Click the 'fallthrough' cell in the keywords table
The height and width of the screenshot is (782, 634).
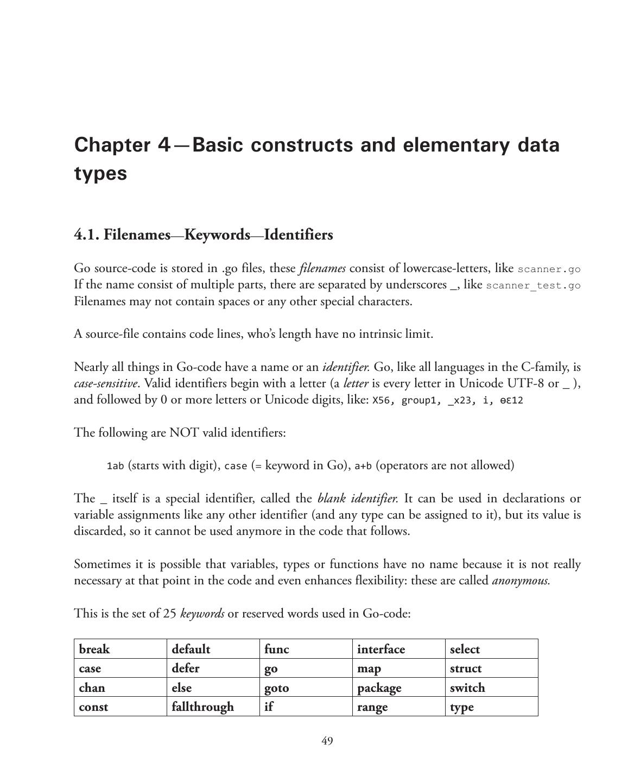pyautogui.click(x=202, y=707)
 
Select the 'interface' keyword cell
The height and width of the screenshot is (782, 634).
pyautogui.click(x=381, y=649)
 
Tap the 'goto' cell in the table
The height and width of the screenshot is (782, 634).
pyautogui.click(x=276, y=688)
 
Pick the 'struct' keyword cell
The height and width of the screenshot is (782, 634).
pyautogui.click(x=465, y=668)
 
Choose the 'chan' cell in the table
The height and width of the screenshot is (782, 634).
pyautogui.click(x=92, y=688)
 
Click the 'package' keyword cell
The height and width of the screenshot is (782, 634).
pyautogui.click(x=379, y=688)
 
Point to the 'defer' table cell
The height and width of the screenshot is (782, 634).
pyautogui.click(x=185, y=668)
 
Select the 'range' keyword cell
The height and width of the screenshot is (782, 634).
pyautogui.click(x=372, y=707)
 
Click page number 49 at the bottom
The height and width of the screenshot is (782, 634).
pyautogui.click(x=327, y=741)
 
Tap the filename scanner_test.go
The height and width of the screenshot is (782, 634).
pyautogui.click(x=533, y=286)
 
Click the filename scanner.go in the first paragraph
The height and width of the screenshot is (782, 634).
pyautogui.click(x=549, y=269)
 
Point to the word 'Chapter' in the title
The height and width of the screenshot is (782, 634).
pyautogui.click(x=112, y=145)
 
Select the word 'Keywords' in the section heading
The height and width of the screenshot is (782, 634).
pyautogui.click(x=217, y=235)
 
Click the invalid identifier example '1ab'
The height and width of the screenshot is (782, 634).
pyautogui.click(x=115, y=466)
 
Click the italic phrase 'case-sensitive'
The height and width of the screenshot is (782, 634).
pyautogui.click(x=105, y=383)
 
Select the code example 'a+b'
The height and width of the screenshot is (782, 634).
pyautogui.click(x=363, y=466)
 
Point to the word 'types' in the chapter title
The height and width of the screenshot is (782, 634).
pyautogui.click(x=100, y=174)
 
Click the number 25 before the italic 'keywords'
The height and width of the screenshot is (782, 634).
pyautogui.click(x=170, y=614)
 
